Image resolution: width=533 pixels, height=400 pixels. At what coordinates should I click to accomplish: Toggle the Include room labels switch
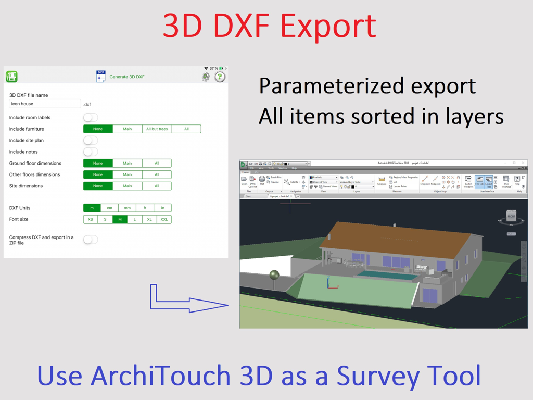pos(91,118)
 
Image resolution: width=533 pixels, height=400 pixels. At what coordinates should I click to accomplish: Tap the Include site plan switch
pos(91,141)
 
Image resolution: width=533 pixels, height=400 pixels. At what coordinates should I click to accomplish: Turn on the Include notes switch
pos(91,152)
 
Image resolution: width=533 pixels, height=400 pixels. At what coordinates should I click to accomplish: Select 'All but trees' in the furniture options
pos(157,129)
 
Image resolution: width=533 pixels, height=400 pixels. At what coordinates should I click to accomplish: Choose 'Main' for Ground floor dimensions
pos(127,164)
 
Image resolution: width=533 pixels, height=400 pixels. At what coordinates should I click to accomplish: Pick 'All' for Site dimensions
pos(157,186)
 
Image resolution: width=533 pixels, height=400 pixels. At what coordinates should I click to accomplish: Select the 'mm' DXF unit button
pos(127,208)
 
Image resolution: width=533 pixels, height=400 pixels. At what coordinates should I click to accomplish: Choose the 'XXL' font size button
pos(164,220)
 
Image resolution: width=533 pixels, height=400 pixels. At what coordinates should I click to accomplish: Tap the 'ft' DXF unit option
pos(145,208)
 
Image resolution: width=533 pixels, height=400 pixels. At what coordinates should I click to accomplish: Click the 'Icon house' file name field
pos(45,104)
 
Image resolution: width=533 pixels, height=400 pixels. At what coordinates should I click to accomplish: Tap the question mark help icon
pos(220,77)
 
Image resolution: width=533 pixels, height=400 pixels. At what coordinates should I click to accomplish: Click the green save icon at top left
pos(11,77)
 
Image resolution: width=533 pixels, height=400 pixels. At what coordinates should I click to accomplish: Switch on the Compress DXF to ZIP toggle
pos(91,240)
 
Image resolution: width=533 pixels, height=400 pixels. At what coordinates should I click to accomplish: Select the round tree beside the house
pos(274,274)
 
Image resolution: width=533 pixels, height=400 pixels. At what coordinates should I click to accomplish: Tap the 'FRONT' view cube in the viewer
pos(511,216)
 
